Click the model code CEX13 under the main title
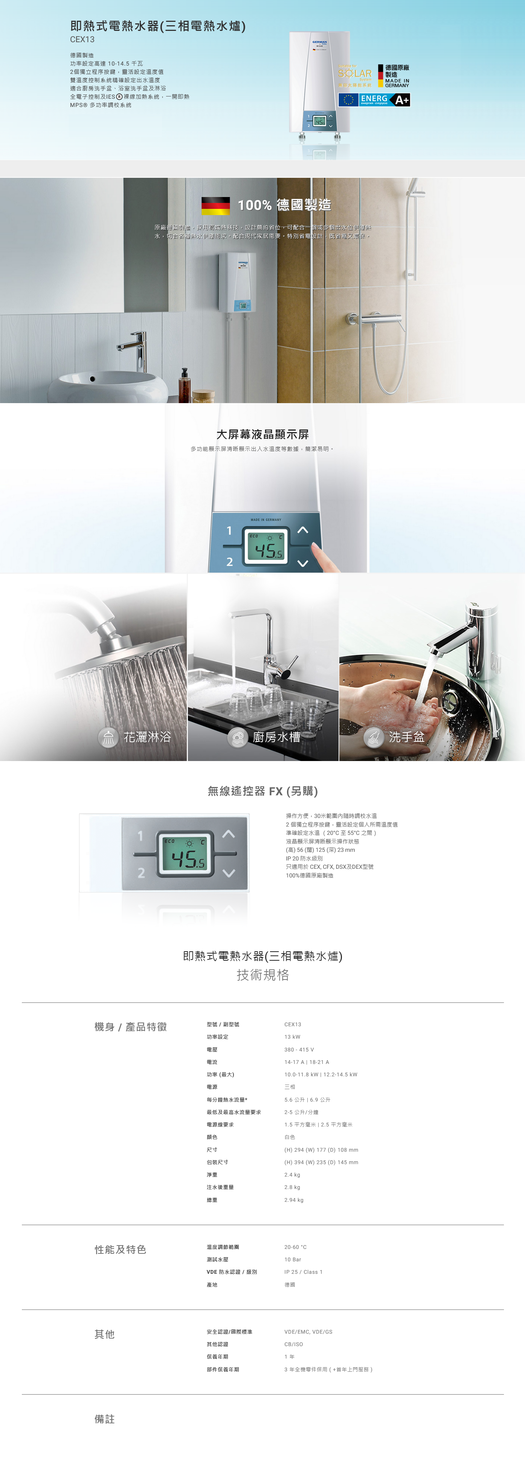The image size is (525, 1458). click(82, 40)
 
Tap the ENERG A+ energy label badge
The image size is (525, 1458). click(374, 100)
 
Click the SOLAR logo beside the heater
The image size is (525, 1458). click(355, 73)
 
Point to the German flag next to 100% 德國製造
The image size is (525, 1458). click(215, 205)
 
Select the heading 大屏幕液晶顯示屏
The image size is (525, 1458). click(262, 434)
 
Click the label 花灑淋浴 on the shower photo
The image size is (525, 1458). click(147, 737)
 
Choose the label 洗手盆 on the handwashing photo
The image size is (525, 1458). click(406, 737)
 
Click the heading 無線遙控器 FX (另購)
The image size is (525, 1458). click(262, 791)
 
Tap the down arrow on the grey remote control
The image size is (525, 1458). click(229, 873)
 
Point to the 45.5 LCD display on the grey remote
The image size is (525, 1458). click(185, 854)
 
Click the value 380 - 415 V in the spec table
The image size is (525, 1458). click(299, 1049)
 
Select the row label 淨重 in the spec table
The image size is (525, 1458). click(212, 1174)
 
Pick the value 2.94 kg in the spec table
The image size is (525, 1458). click(294, 1199)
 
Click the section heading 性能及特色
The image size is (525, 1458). click(120, 1249)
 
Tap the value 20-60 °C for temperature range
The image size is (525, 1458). click(295, 1247)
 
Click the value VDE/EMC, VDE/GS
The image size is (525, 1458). click(308, 1332)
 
